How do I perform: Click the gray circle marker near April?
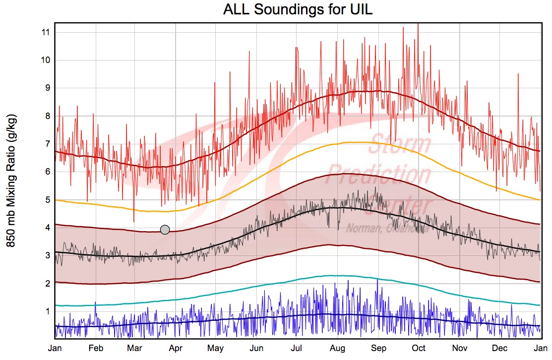[x=165, y=230]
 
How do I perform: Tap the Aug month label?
[x=338, y=348]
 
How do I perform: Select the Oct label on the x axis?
[x=419, y=348]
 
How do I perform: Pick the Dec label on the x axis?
[x=500, y=348]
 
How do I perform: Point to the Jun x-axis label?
[x=256, y=348]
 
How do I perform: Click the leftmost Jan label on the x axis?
[x=55, y=348]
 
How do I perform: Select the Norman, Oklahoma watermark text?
[x=386, y=228]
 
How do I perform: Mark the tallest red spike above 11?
[x=418, y=24]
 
